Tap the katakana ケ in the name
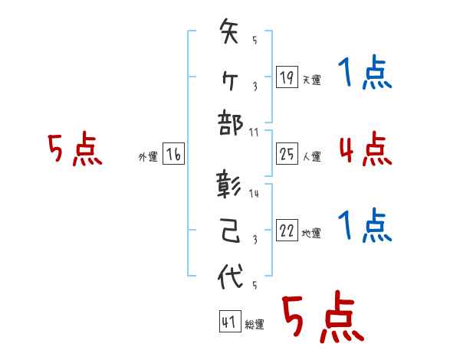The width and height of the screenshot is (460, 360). pyautogui.click(x=231, y=77)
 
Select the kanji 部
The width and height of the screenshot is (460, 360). pyautogui.click(x=231, y=123)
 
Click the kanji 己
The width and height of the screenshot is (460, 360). pyautogui.click(x=231, y=231)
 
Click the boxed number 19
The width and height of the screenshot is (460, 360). pyautogui.click(x=287, y=77)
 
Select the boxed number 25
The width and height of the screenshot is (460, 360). pyautogui.click(x=287, y=154)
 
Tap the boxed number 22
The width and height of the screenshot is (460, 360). pyautogui.click(x=287, y=231)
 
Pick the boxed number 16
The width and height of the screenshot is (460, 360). pyautogui.click(x=173, y=154)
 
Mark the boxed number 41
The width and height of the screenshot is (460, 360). pyautogui.click(x=228, y=322)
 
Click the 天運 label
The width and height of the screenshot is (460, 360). pyautogui.click(x=311, y=80)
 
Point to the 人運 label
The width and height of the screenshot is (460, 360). pyautogui.click(x=311, y=156)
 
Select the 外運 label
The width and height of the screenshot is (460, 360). pyautogui.click(x=148, y=156)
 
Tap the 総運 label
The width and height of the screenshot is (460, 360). pyautogui.click(x=255, y=325)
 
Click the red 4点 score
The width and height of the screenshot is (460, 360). pyautogui.click(x=364, y=149)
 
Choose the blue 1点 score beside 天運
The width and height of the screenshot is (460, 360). pyautogui.click(x=364, y=74)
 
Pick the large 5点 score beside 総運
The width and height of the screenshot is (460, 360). pyautogui.click(x=323, y=319)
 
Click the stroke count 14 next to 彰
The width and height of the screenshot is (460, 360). pyautogui.click(x=254, y=194)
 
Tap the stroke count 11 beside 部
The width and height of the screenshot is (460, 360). pyautogui.click(x=254, y=132)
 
